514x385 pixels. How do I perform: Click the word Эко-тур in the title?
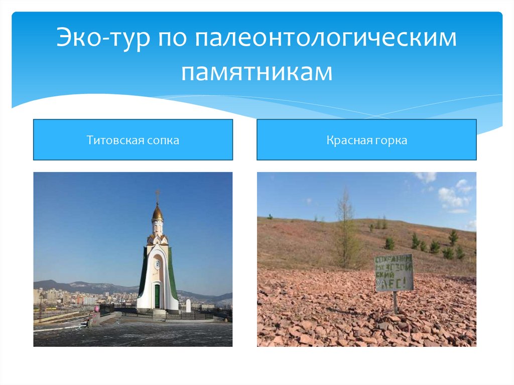tap(102, 39)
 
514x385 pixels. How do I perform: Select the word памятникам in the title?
tap(257, 71)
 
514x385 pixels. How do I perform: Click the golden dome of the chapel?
tap(158, 213)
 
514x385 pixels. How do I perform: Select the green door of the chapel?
tap(157, 296)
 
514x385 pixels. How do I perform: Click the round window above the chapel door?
tap(158, 264)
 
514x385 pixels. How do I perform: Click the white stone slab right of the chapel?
tap(188, 305)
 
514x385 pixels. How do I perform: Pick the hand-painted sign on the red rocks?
tap(394, 273)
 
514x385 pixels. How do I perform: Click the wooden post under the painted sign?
tap(395, 303)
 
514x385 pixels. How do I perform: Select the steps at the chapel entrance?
tap(159, 313)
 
